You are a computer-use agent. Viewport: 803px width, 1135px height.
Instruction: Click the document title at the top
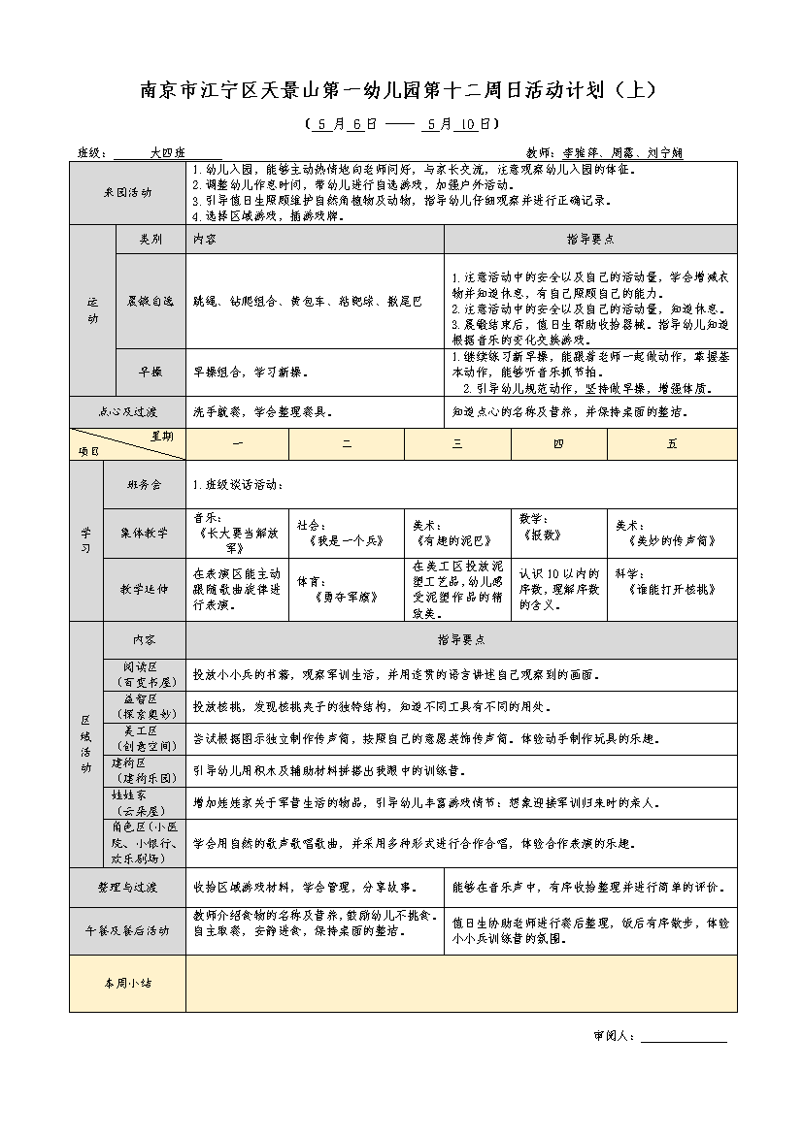[400, 90]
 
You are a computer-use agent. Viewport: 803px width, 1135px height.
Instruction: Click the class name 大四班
[167, 152]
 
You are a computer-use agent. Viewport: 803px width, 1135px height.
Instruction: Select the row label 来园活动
[127, 193]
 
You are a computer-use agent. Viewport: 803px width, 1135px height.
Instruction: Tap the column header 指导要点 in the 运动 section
[590, 239]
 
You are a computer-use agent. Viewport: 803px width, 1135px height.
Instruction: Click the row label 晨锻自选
[150, 302]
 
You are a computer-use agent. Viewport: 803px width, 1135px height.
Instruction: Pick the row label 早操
[150, 372]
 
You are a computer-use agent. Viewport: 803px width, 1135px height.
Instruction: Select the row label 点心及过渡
[127, 411]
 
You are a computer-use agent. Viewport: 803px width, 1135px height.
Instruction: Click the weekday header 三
[457, 444]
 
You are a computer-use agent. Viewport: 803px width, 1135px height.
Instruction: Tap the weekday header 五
[672, 444]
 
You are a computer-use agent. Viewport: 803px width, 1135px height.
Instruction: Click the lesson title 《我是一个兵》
[347, 539]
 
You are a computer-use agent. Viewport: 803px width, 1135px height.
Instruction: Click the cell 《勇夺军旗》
[347, 598]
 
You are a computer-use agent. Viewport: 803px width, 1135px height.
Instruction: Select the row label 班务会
[143, 484]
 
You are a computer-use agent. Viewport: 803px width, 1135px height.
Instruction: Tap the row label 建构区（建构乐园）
[144, 771]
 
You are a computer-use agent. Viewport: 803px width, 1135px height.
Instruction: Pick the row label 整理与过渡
[127, 888]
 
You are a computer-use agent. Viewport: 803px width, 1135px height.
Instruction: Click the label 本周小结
[127, 983]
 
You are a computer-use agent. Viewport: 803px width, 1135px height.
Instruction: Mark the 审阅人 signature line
[684, 1036]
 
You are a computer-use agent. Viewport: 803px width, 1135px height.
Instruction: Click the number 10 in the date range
[468, 124]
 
